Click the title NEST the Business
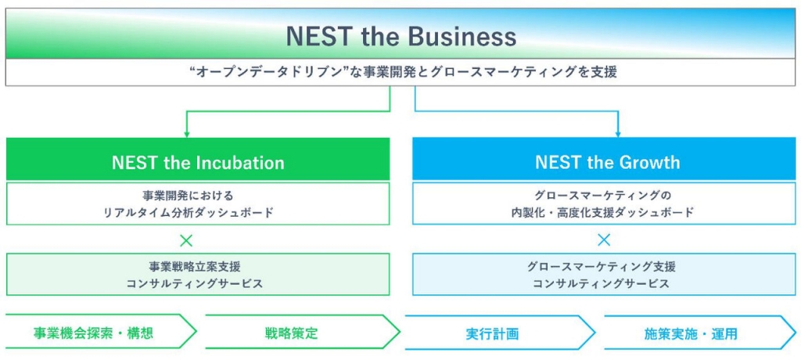pyautogui.click(x=401, y=36)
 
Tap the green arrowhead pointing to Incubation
pyautogui.click(x=187, y=135)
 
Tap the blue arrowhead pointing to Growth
pyautogui.click(x=618, y=135)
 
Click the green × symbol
pyautogui.click(x=187, y=239)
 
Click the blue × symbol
pyautogui.click(x=605, y=239)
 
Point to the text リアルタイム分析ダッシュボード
pyautogui.click(x=188, y=213)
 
